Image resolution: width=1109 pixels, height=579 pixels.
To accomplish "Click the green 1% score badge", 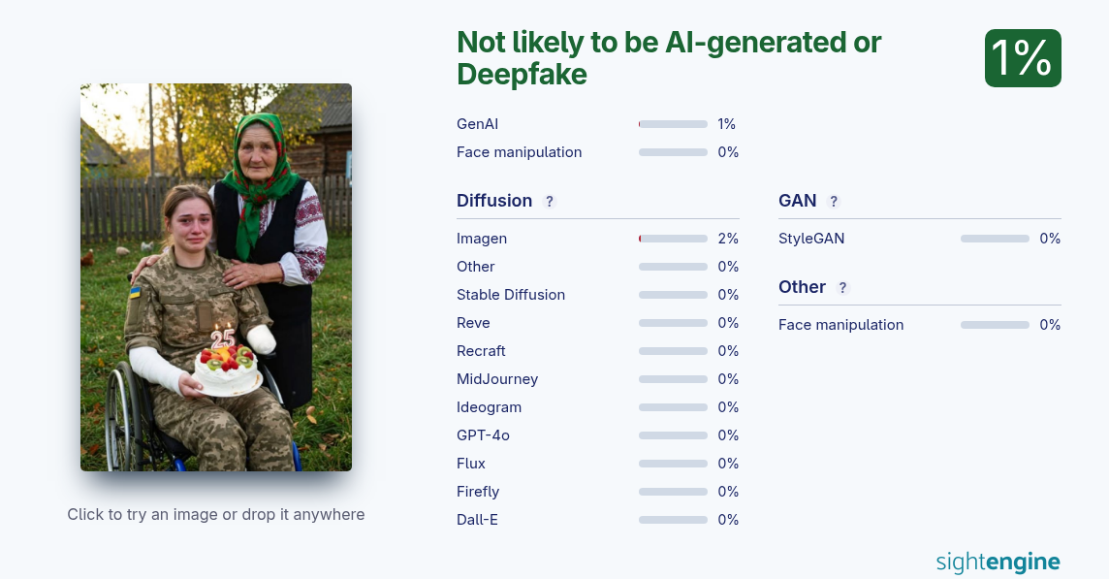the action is tap(1023, 58).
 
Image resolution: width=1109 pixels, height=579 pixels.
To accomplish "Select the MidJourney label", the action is tap(497, 379).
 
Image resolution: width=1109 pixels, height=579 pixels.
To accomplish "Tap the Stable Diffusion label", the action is tap(511, 295).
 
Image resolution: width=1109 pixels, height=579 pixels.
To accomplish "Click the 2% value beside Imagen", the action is tap(728, 239).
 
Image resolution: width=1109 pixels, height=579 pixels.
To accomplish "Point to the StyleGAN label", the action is tap(811, 239).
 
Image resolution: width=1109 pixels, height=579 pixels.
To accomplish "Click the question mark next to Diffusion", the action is tap(549, 201).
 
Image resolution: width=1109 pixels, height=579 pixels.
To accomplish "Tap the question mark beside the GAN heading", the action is tap(833, 201).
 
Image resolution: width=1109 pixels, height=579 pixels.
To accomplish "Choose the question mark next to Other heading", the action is tap(842, 287).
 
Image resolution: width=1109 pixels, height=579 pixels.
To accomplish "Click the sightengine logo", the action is tap(998, 562).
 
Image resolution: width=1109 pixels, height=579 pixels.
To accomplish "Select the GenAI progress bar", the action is tap(673, 124).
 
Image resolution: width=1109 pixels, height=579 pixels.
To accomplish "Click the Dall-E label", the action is tap(477, 520).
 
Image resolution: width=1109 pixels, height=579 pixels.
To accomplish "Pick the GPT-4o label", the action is tap(483, 435).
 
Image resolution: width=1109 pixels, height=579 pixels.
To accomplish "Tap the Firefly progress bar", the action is tap(673, 492).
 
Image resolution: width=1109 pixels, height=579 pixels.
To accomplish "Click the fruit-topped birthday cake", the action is tap(227, 370).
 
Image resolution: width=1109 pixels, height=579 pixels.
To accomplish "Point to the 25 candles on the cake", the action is tap(223, 337).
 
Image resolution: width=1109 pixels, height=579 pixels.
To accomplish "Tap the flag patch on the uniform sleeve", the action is tap(135, 292).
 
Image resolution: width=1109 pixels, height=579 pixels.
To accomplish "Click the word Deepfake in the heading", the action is tap(522, 74).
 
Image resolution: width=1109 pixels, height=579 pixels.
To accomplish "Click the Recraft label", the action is tap(481, 351).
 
